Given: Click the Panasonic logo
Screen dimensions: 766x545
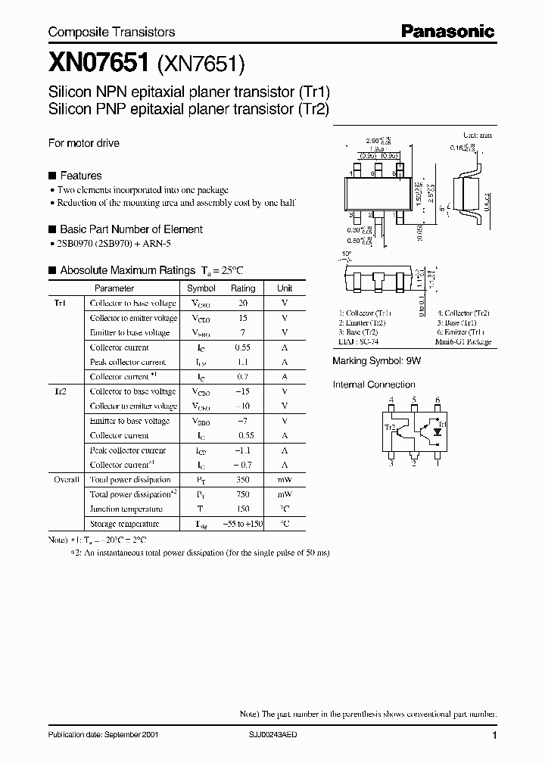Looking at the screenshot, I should point(447,32).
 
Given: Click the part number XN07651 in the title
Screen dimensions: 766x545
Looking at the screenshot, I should point(91,65).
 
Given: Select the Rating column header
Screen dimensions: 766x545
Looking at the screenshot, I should point(243,288).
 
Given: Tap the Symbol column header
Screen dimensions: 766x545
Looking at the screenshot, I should point(201,288).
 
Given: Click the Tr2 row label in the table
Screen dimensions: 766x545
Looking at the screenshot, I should point(61,391).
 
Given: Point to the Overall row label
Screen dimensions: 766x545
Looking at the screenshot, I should point(65,480).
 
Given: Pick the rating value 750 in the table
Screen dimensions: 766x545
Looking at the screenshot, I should point(243,494).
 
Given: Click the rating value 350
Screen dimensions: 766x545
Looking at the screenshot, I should point(243,480).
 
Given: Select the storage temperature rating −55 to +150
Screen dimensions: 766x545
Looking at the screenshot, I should point(242,524).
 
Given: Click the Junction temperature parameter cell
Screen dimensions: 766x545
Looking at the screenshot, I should point(126,509).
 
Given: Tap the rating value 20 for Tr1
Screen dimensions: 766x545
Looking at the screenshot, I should point(243,303).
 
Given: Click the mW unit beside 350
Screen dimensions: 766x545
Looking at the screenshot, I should point(285,480).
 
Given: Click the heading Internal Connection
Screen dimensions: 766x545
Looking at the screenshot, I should point(374,385).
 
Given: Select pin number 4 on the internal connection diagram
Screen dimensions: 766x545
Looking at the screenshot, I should point(391,400).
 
